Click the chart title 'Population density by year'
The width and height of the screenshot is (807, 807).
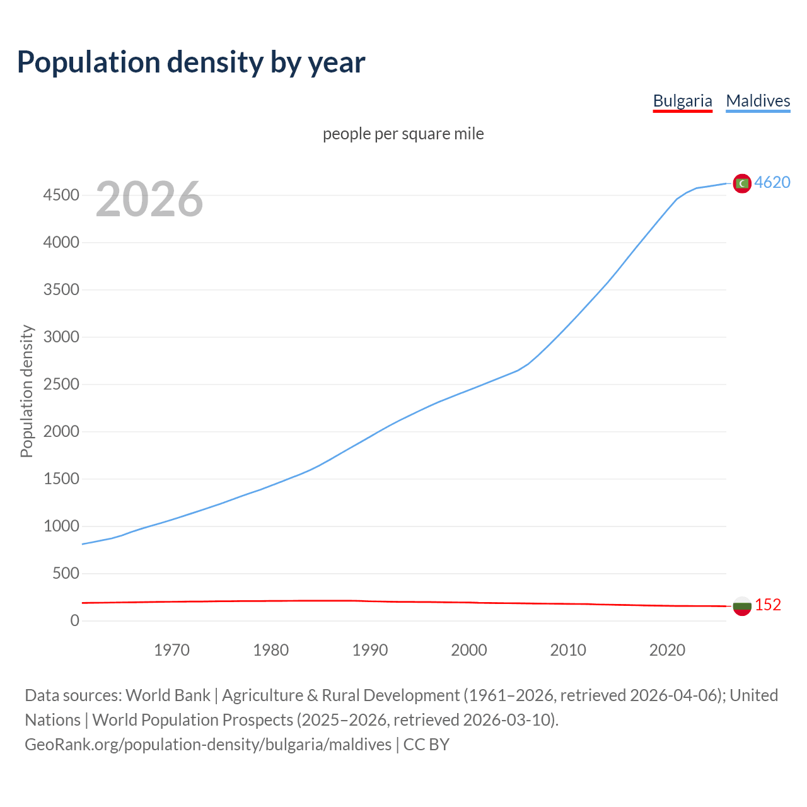(x=191, y=62)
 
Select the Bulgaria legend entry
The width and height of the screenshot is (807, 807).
(x=682, y=101)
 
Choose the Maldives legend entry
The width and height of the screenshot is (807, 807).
(x=758, y=101)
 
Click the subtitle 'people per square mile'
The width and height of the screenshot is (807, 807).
(x=403, y=134)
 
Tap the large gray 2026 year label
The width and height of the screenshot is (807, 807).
(x=149, y=199)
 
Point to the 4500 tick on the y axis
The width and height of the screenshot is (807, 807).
(x=61, y=195)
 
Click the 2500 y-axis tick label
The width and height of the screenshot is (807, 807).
(x=61, y=385)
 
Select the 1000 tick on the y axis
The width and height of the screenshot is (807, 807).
(x=61, y=526)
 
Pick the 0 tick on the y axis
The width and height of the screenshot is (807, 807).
(x=75, y=621)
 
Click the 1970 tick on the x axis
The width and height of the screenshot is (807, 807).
(x=171, y=650)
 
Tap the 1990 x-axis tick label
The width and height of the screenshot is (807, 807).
(x=370, y=650)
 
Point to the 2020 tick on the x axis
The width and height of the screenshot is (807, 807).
(x=667, y=650)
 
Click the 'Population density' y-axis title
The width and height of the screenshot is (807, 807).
(x=26, y=391)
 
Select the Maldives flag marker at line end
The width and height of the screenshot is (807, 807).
(x=742, y=183)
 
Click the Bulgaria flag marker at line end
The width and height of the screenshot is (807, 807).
(x=742, y=606)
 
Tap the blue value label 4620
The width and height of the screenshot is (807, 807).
(x=772, y=182)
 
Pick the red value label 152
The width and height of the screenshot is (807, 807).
(x=768, y=605)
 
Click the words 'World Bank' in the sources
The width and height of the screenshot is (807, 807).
(x=168, y=695)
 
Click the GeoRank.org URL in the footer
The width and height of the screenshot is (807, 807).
(x=208, y=745)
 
